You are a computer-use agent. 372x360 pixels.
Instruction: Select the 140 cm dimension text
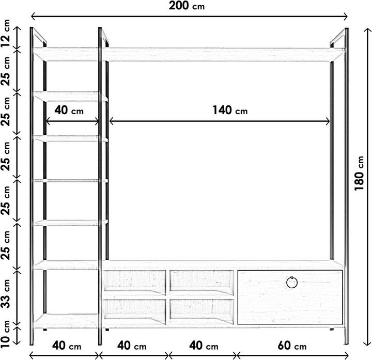[x=229, y=110]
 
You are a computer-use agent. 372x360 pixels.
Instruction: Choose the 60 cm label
[x=291, y=346]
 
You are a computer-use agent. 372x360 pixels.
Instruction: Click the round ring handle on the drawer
[x=292, y=283]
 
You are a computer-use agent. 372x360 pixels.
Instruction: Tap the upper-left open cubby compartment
[x=135, y=280]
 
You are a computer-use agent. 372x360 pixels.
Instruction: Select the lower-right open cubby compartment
[x=202, y=309]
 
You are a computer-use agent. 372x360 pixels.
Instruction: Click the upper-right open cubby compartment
[x=202, y=280]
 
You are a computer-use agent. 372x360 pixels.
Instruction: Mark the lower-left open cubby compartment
[x=135, y=309]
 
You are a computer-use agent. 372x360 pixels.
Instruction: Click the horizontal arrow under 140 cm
[x=220, y=122]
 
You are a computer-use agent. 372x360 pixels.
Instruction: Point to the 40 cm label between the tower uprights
[x=69, y=110]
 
